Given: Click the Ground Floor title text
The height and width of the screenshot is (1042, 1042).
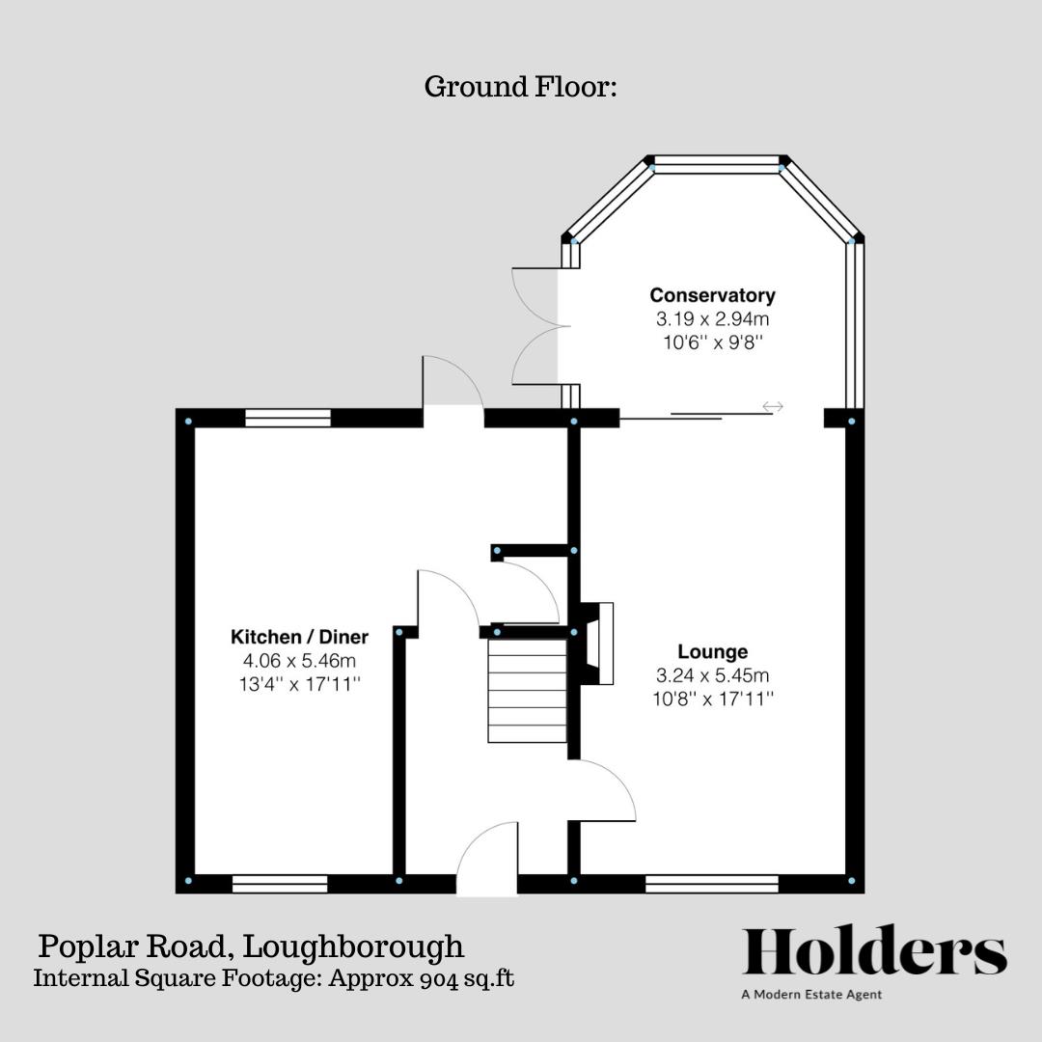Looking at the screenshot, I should coord(520,87).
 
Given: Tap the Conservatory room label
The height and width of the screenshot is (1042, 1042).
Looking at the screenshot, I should coord(712,295).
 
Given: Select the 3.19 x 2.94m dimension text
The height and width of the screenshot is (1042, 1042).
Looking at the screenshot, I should coord(712,318).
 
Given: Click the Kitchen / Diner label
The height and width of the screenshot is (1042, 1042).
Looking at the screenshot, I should coord(299,637).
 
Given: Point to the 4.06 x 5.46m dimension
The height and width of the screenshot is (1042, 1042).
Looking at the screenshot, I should coord(299,661).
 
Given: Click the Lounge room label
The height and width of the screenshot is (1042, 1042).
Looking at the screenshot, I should coord(712,651).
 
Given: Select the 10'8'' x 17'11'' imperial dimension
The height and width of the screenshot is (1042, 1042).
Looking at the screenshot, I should coord(712,699).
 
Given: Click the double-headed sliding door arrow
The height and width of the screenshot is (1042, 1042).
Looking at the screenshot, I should coord(773,407).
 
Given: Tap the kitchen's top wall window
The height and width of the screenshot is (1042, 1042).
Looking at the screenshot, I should coord(288,417).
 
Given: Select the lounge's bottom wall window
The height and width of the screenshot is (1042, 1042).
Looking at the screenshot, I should coord(712,883).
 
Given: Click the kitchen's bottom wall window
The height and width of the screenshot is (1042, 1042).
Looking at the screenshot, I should coord(280,883).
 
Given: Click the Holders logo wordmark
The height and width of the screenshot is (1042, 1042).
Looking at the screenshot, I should coord(874,951).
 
